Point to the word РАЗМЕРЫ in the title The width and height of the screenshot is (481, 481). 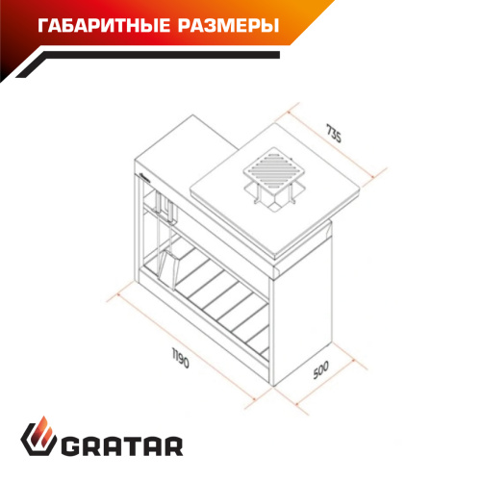pos(223,25)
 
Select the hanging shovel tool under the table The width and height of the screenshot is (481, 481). pos(170,258)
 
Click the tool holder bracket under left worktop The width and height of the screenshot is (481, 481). pos(166,207)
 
